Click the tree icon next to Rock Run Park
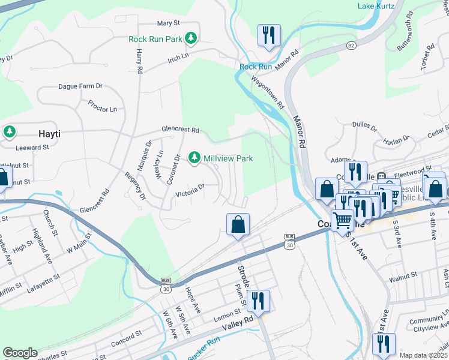click(x=191, y=39)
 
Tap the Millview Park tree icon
click(x=194, y=158)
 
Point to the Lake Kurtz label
click(x=376, y=6)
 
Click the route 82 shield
click(x=351, y=46)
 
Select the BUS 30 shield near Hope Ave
click(x=166, y=285)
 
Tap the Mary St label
click(x=168, y=23)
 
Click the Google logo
click(x=20, y=352)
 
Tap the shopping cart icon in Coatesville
click(x=342, y=220)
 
